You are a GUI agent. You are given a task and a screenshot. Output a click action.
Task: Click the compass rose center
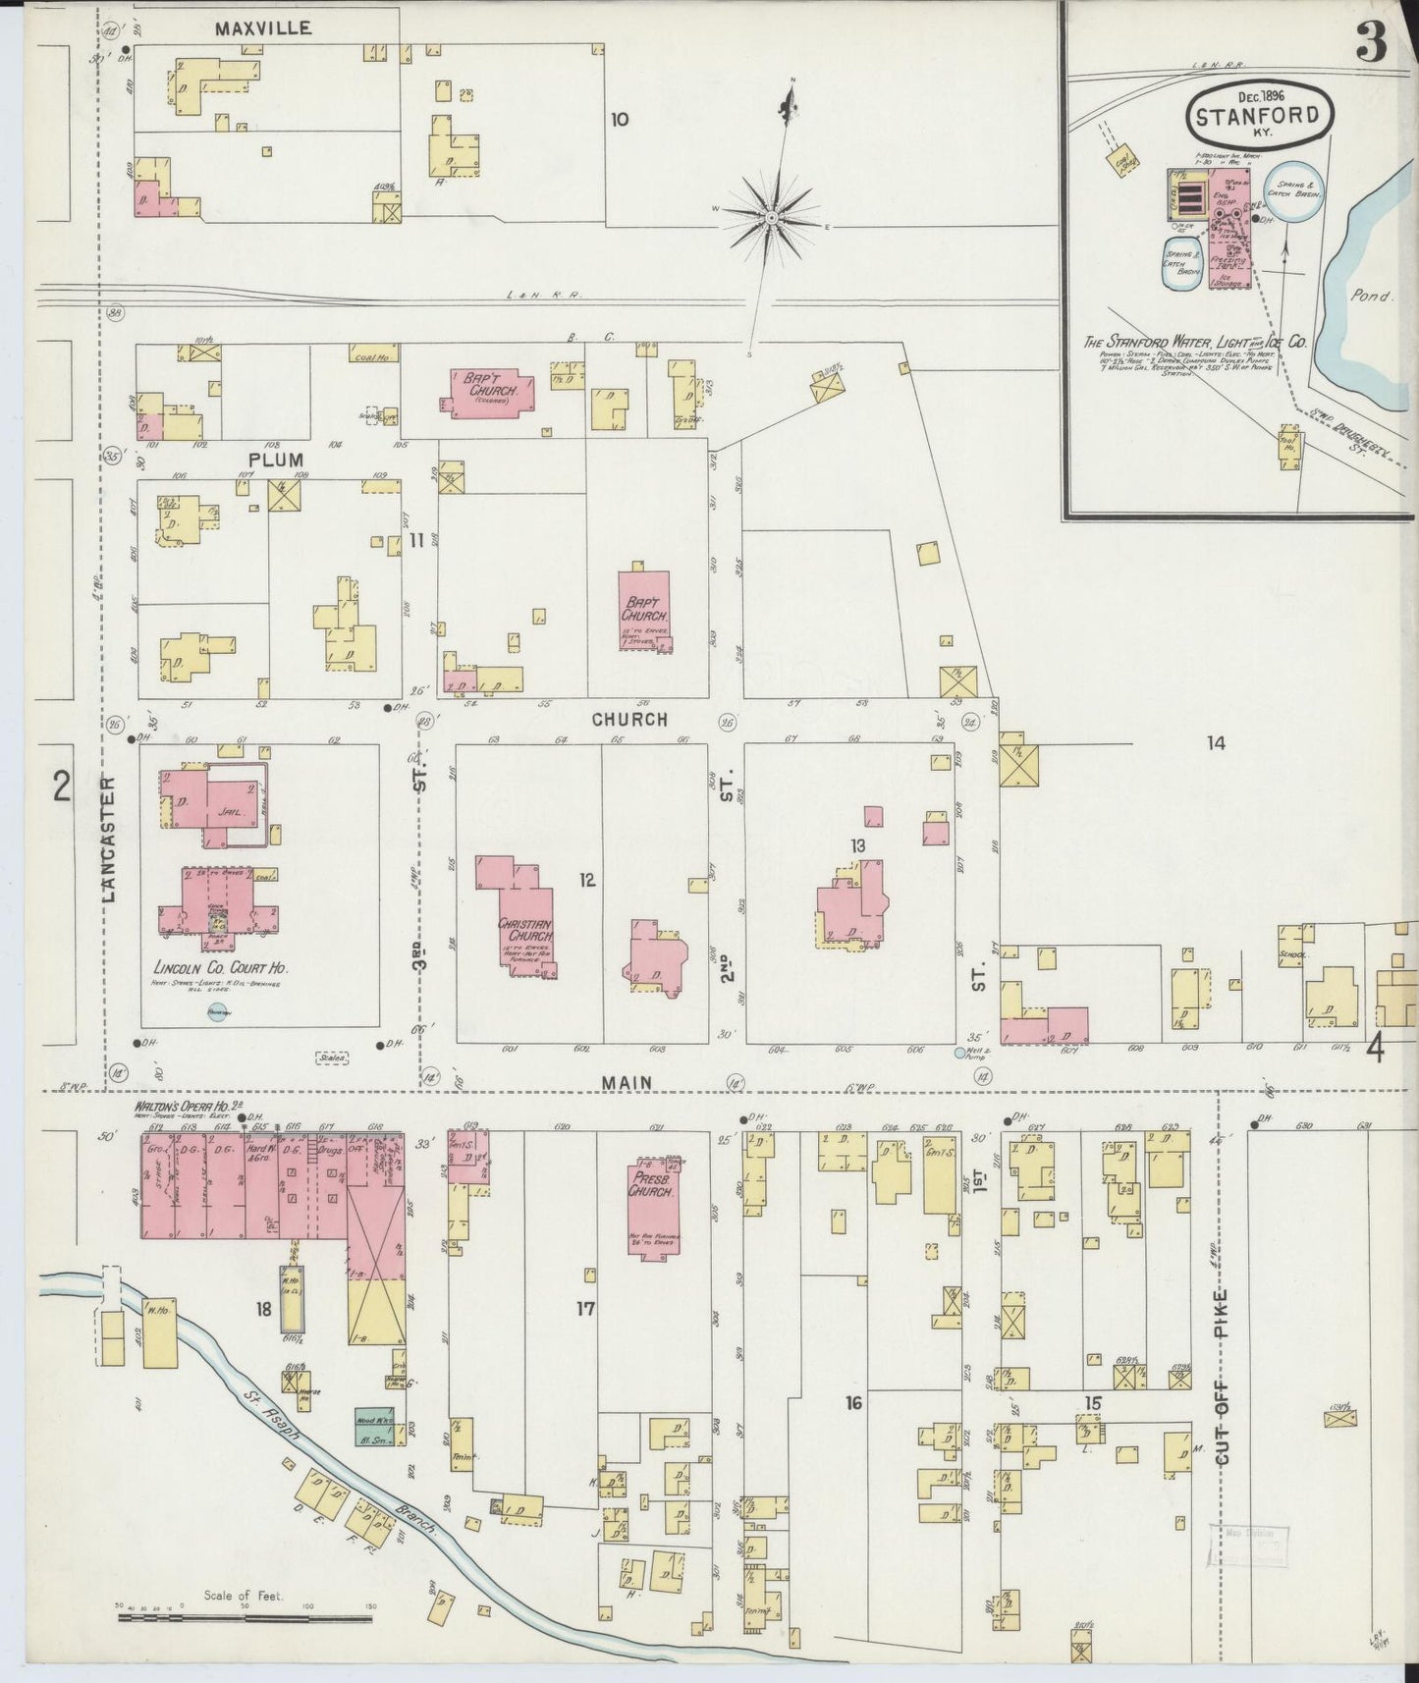(x=773, y=216)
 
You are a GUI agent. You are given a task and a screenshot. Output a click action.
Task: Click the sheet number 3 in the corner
(x=1371, y=44)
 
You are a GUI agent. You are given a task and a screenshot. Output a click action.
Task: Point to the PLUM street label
(x=275, y=460)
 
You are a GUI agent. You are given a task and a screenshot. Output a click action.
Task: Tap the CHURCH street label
(x=629, y=719)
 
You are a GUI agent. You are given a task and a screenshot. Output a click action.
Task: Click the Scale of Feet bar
(x=245, y=1614)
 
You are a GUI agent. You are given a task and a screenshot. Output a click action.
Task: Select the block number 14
(x=1216, y=743)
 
